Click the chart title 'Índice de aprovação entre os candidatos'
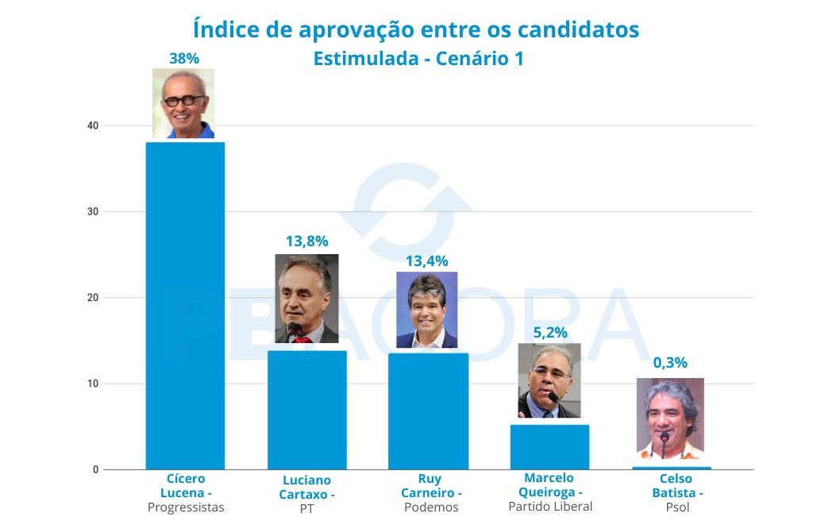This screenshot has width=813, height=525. [416, 29]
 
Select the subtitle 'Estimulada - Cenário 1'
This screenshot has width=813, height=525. [418, 59]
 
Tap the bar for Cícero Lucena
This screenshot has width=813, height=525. [185, 306]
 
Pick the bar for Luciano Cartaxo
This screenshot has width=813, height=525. [306, 410]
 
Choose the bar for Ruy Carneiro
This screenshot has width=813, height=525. [428, 411]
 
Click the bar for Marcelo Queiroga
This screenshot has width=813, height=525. [549, 446]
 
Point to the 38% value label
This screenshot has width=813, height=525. [184, 58]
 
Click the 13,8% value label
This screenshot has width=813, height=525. [306, 241]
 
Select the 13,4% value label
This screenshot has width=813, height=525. [427, 261]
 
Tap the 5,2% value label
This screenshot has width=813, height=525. [549, 334]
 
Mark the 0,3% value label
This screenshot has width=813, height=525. [670, 363]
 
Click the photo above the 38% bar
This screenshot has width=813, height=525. [183, 103]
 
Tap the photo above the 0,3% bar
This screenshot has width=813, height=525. [670, 418]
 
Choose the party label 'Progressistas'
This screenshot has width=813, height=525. [186, 508]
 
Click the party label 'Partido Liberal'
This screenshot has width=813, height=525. [550, 507]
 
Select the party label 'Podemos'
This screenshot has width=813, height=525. [431, 508]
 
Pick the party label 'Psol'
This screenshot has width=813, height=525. [672, 508]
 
